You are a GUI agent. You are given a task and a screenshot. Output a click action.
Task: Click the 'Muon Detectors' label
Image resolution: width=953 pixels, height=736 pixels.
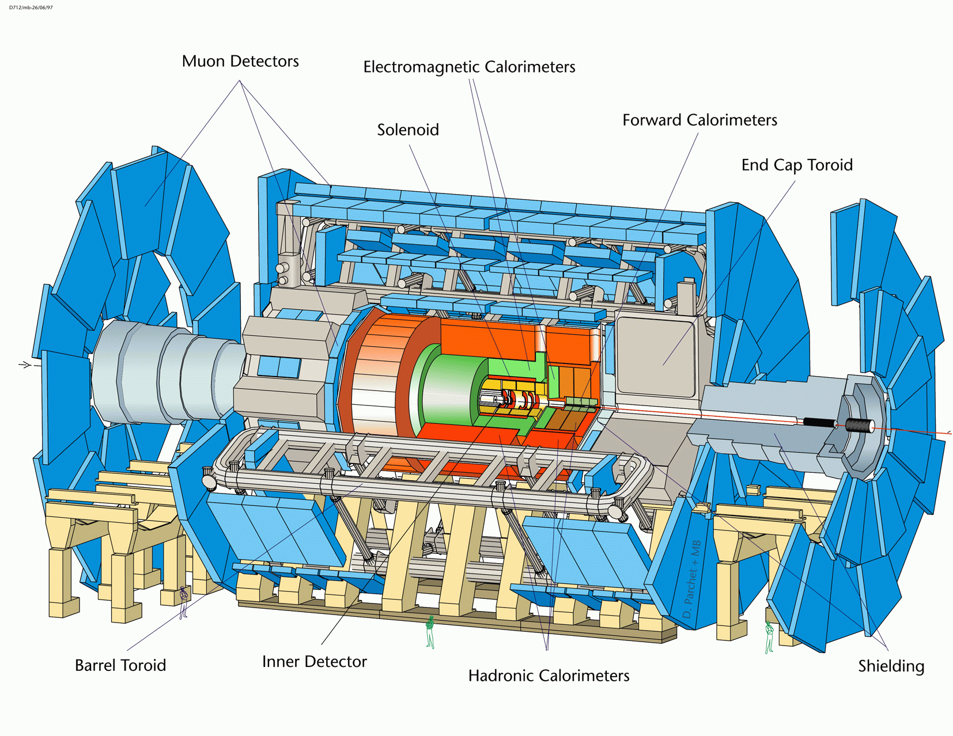(240, 62)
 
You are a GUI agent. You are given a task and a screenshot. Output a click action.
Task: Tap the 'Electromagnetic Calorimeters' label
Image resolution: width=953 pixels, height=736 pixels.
(469, 67)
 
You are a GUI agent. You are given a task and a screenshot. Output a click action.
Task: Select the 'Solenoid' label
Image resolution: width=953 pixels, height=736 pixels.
(408, 130)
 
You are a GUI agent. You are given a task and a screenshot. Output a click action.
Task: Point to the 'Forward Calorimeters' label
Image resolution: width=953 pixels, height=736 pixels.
(699, 120)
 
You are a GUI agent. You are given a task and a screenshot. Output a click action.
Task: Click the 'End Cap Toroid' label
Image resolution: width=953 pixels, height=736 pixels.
(797, 165)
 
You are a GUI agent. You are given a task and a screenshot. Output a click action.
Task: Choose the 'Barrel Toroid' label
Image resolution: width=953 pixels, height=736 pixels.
(120, 665)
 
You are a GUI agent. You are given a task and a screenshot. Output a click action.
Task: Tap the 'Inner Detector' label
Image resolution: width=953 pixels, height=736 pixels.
(315, 662)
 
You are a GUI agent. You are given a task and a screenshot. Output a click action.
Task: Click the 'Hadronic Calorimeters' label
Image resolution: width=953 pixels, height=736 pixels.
(549, 676)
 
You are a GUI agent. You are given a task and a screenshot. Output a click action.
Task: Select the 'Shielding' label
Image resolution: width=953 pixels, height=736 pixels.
(891, 666)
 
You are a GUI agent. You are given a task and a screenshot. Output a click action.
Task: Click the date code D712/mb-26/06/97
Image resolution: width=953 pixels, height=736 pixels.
(31, 7)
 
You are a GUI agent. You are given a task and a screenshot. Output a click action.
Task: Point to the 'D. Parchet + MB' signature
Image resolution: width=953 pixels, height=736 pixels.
(691, 579)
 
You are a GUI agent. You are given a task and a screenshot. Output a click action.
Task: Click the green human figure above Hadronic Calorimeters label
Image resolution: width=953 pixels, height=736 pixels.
(430, 632)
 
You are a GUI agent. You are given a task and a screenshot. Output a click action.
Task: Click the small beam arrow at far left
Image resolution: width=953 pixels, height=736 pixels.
(25, 365)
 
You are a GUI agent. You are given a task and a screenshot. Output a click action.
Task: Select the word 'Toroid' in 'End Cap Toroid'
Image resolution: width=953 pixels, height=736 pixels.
(830, 165)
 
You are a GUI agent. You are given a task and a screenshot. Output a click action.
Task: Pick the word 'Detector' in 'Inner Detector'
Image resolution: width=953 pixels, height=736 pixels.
(337, 662)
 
